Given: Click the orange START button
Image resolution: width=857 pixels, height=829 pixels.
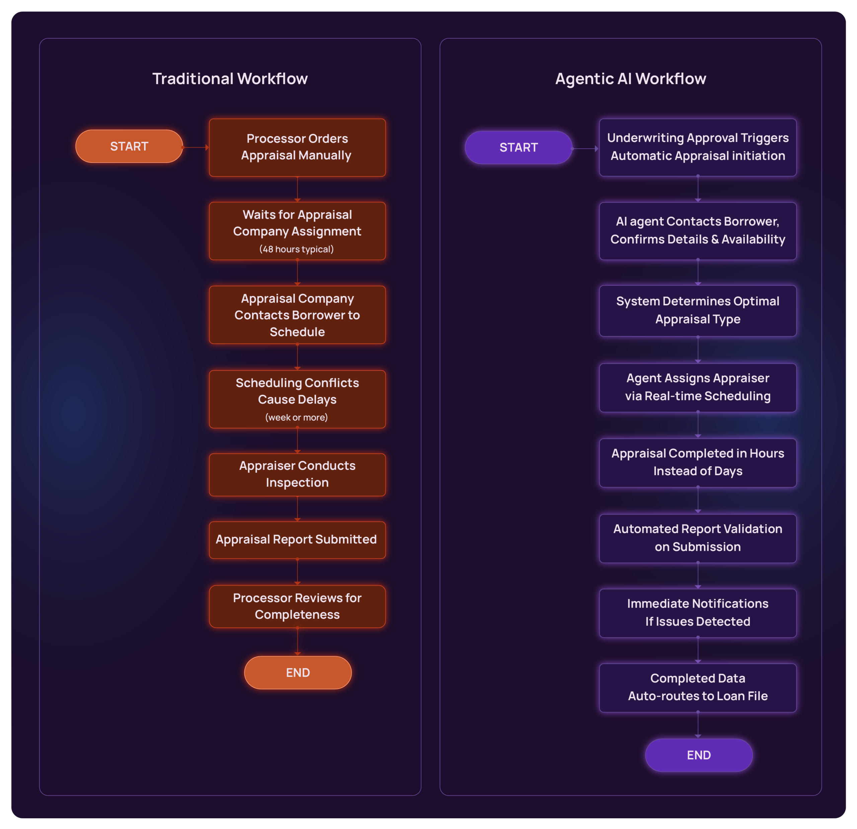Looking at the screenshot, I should click(x=129, y=146).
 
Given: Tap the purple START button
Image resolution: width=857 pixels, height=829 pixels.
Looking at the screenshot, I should click(x=519, y=148).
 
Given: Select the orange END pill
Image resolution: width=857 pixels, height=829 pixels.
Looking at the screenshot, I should click(x=298, y=672).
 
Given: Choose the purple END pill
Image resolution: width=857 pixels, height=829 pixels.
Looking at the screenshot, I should click(x=699, y=755).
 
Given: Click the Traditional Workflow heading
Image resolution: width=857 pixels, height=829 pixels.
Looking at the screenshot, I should click(x=230, y=79).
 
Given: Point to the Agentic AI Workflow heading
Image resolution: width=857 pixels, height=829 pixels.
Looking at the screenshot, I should click(x=630, y=79).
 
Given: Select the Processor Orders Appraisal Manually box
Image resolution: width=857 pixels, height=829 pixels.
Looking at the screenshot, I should click(x=297, y=147).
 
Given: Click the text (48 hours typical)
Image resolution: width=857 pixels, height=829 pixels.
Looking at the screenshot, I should click(x=297, y=249).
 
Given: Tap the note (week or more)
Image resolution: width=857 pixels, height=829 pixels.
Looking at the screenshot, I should click(x=297, y=417).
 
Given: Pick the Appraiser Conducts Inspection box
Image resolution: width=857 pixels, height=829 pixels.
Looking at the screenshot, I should click(x=297, y=474).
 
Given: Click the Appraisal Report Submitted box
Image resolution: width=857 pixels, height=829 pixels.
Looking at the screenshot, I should click(x=297, y=539).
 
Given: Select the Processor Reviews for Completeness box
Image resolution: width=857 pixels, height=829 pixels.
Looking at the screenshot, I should click(x=297, y=606).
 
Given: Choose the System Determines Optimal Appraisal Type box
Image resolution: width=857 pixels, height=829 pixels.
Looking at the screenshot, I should click(x=698, y=310).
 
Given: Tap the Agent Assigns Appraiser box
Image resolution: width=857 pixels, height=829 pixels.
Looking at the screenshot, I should click(x=698, y=387).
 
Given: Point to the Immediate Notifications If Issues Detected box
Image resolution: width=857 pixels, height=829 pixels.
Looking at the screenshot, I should click(x=698, y=613).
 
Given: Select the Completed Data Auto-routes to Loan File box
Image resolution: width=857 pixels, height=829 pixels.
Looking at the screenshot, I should click(x=698, y=688).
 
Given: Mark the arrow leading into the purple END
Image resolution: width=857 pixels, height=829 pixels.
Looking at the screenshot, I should click(x=698, y=726).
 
